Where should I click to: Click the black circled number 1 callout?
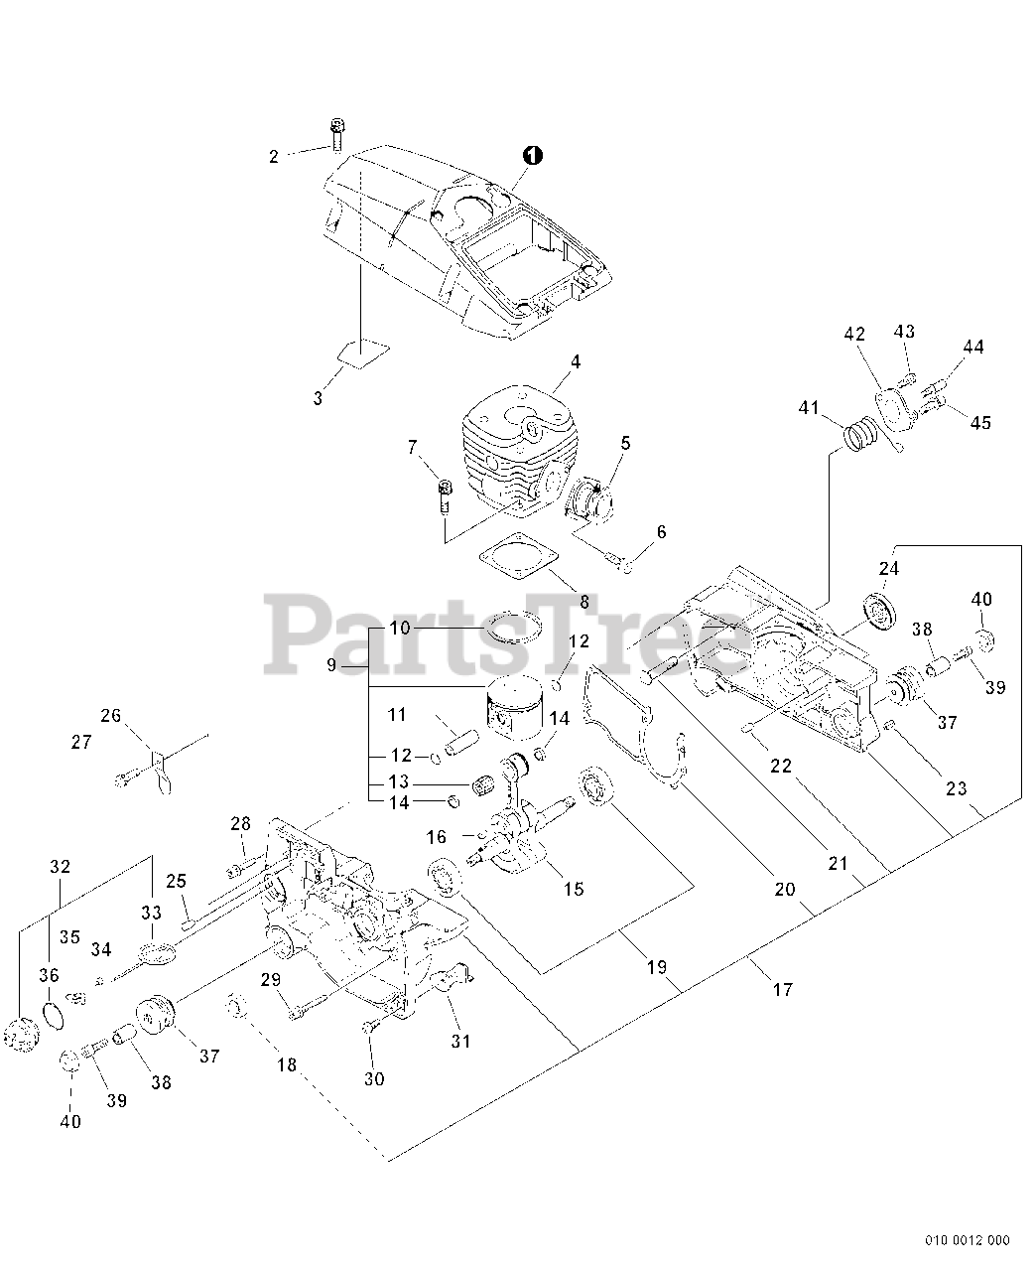click(533, 155)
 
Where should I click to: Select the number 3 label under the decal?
click(318, 398)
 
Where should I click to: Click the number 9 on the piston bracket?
click(330, 665)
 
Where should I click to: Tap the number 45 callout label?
click(980, 422)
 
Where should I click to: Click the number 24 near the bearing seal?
click(888, 569)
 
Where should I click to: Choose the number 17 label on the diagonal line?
click(783, 989)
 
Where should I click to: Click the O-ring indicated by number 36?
click(56, 1013)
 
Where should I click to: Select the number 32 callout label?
click(60, 867)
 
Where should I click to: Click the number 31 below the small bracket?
click(460, 1042)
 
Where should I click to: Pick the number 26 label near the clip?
click(110, 715)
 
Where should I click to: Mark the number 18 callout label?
click(286, 1064)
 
